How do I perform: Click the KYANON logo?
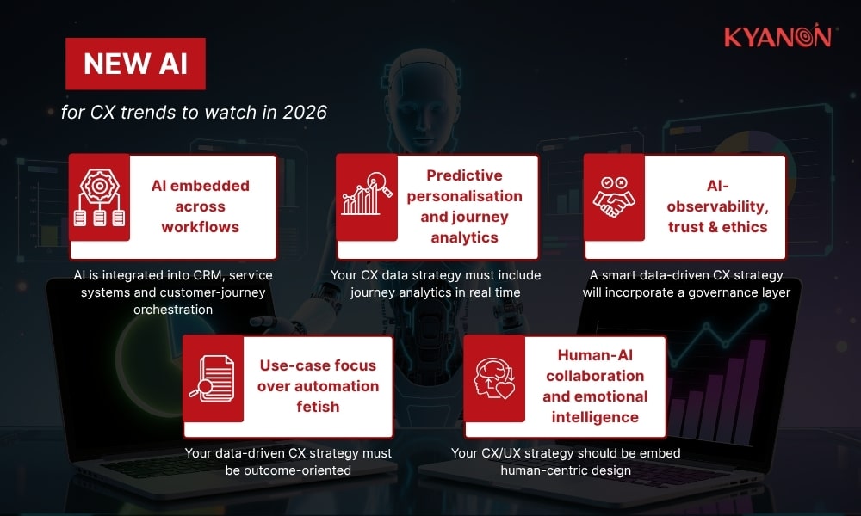(777, 37)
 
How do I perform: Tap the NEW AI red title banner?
(135, 65)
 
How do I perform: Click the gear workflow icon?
(100, 199)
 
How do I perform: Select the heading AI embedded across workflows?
(200, 206)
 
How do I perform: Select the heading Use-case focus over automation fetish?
(318, 385)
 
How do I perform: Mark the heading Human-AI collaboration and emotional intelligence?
(595, 385)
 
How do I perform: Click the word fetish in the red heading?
(318, 407)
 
